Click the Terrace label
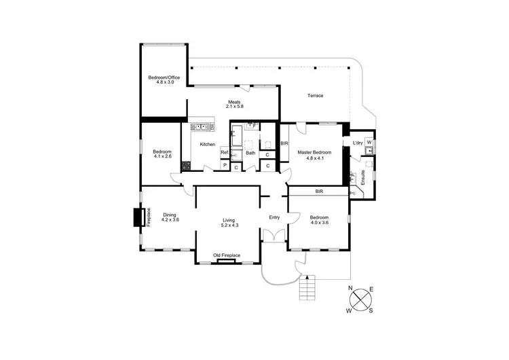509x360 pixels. click(315, 96)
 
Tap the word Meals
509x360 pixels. click(234, 103)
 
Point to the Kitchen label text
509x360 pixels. click(208, 145)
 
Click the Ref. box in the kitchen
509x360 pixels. click(224, 153)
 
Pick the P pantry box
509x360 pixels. click(224, 166)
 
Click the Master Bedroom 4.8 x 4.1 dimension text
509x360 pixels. click(315, 158)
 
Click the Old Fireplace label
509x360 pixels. click(227, 255)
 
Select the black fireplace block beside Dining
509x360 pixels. click(136, 217)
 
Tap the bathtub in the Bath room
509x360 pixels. click(236, 138)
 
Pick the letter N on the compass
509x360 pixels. click(350, 289)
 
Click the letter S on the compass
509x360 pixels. click(371, 311)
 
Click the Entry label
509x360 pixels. click(274, 217)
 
